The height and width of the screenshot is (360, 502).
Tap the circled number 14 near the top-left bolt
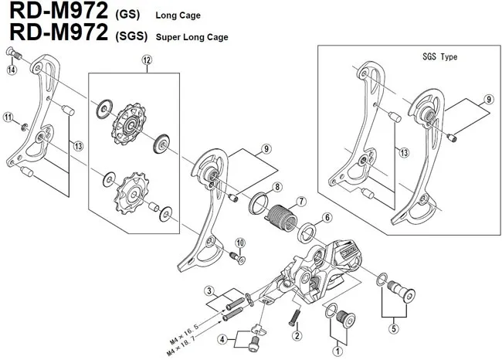(12, 70)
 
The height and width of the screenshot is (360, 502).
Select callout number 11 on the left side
(8, 117)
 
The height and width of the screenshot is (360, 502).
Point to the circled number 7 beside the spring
(302, 202)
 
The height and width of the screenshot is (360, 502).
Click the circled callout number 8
(277, 187)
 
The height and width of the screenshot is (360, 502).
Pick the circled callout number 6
(327, 218)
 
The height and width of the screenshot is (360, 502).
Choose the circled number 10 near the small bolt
(239, 243)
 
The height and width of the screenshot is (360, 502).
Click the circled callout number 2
(296, 336)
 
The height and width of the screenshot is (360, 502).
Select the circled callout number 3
(209, 290)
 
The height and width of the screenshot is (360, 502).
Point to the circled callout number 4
(222, 338)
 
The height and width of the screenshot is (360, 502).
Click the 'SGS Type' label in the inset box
(440, 57)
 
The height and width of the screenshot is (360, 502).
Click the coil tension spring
(281, 213)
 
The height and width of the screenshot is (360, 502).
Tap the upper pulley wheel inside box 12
(123, 126)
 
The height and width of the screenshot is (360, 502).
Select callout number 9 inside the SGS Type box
(488, 100)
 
